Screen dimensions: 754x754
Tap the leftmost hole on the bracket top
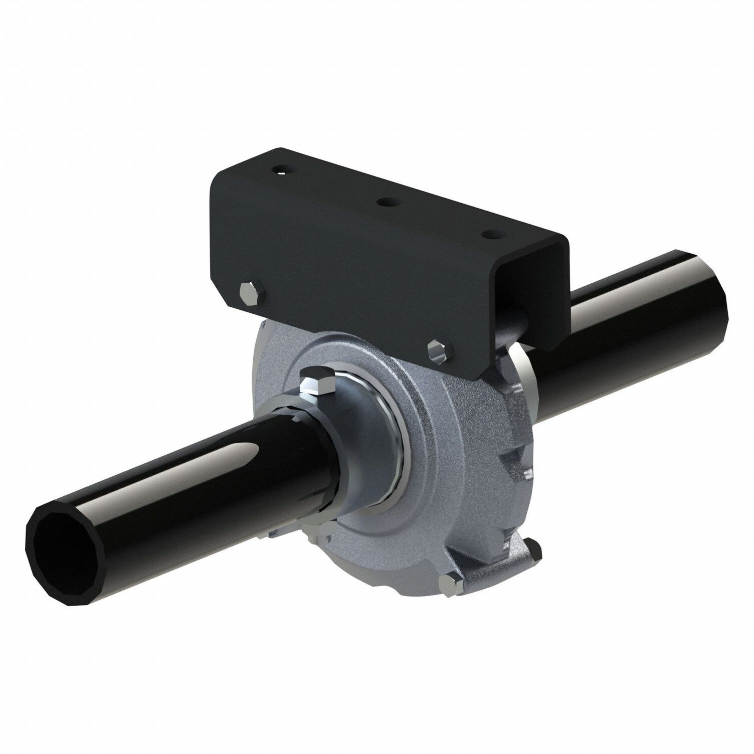[x=281, y=171]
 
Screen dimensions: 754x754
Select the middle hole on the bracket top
[x=387, y=202]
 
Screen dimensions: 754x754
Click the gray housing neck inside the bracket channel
[x=516, y=321]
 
